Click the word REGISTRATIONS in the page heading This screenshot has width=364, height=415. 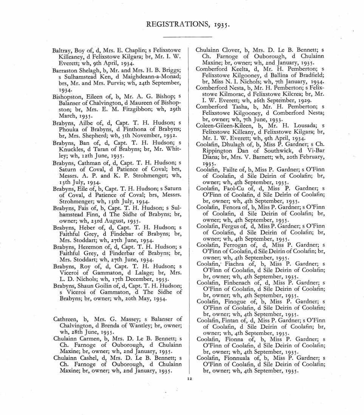coord(172,26)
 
